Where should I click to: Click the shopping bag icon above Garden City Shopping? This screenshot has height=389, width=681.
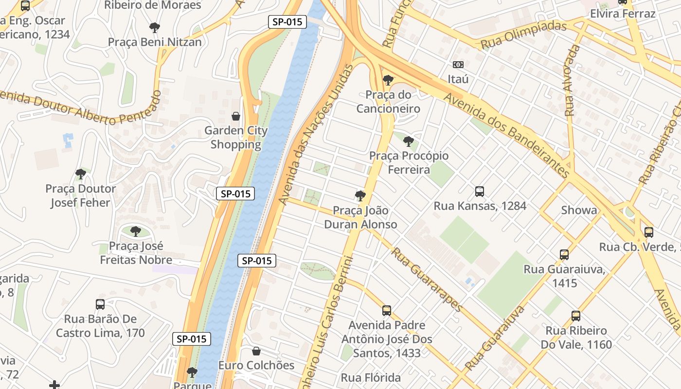click(236, 116)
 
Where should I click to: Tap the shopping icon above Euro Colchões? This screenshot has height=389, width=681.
click(256, 351)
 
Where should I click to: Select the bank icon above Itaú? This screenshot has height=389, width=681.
click(458, 65)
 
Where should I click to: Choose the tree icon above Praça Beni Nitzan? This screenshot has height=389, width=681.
click(155, 28)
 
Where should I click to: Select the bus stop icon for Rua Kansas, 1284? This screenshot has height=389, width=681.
click(480, 192)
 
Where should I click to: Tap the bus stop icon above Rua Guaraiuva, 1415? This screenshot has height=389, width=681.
click(564, 255)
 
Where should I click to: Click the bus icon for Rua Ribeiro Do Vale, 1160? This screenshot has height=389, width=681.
click(576, 316)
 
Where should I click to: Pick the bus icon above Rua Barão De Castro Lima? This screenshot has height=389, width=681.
click(100, 305)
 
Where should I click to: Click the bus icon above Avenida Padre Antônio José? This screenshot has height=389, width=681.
click(387, 311)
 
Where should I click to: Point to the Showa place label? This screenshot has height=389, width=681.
click(579, 210)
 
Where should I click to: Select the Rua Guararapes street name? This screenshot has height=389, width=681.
click(426, 280)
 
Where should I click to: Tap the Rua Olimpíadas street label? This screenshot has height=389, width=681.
click(523, 35)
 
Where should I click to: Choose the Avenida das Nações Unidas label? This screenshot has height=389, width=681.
click(315, 134)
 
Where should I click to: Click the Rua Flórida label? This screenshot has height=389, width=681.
click(371, 378)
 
